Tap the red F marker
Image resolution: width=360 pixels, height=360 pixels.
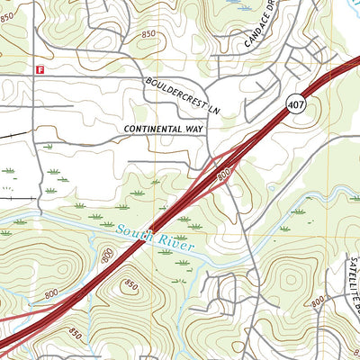[x=39, y=68]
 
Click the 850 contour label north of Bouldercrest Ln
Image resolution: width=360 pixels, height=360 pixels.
[x=147, y=33]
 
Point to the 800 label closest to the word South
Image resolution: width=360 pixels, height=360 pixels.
[x=108, y=259]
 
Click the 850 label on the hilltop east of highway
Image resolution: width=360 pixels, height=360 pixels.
[x=131, y=284]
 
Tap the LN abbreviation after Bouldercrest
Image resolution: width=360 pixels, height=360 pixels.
[x=213, y=109]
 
